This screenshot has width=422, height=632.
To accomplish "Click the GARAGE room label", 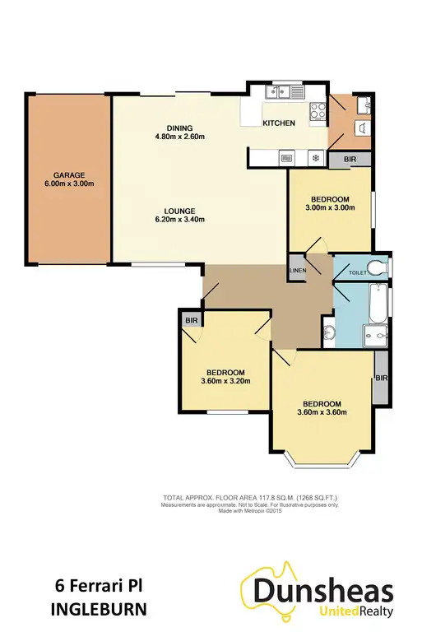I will click(x=69, y=175).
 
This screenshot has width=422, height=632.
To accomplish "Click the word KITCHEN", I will click(x=278, y=123).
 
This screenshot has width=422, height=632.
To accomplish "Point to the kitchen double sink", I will click(x=280, y=92).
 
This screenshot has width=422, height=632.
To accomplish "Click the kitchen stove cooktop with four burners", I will click(x=316, y=112).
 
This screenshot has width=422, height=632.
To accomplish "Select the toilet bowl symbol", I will click(x=376, y=267).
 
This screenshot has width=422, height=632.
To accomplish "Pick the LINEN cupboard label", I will click(x=298, y=271).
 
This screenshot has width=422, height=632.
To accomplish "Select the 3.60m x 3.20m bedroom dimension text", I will click(x=225, y=380).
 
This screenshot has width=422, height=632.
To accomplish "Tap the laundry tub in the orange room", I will click(x=363, y=128).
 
